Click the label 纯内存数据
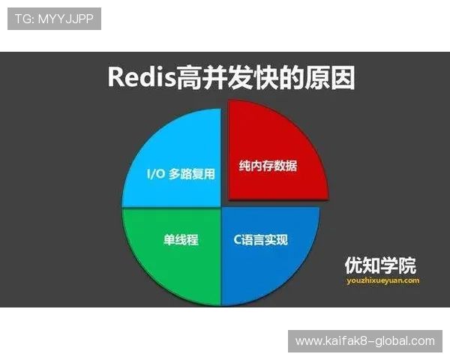(268, 166)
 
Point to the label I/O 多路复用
(181, 174)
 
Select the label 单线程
(181, 240)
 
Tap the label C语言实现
(257, 240)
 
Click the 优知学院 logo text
(380, 265)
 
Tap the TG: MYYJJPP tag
(54, 19)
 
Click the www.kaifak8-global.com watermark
(365, 341)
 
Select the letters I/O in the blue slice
(157, 174)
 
